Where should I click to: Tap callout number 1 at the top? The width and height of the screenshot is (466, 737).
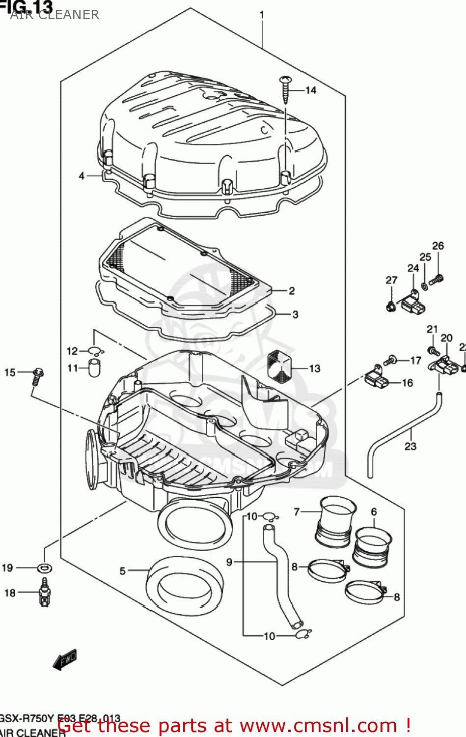[262, 15]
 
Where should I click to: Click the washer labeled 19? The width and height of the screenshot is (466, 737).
[45, 568]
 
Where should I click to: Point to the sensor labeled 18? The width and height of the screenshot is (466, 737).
[45, 593]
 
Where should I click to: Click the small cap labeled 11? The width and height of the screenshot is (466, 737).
[94, 368]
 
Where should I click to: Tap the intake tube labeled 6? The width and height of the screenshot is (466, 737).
[373, 546]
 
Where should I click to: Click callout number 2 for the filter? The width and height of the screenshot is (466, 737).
[292, 291]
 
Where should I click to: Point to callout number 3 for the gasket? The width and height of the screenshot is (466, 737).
[295, 314]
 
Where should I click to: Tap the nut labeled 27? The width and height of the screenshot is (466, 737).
[391, 307]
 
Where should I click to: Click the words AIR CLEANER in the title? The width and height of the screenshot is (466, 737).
[55, 15]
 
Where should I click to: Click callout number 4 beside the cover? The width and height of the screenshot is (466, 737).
[82, 176]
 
